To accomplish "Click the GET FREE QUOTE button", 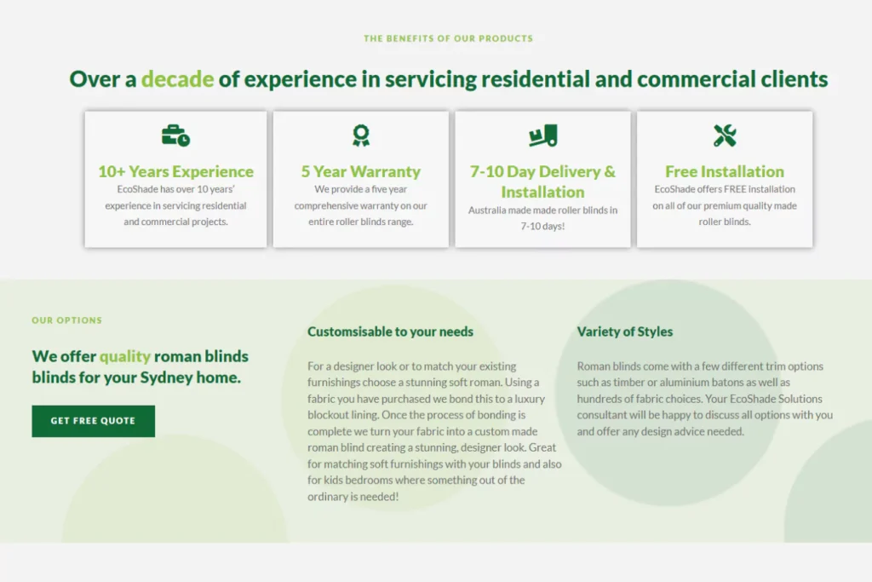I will (94, 421).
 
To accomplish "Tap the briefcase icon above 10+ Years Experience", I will (175, 135).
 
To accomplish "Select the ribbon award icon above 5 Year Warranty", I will (361, 135).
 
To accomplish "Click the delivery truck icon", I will (543, 135).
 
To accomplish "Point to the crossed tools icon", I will (725, 135).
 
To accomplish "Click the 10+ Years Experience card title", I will (175, 171).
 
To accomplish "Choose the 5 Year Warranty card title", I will (361, 171).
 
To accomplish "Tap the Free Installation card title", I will (725, 171).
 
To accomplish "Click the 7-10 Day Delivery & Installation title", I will (543, 182).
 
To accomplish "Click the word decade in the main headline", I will (177, 79).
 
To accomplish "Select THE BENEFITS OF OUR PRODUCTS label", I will (448, 38).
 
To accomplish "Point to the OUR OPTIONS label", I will (66, 320).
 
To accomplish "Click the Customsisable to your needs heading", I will (390, 331).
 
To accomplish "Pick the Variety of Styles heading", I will (625, 331).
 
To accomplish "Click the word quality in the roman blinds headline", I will (125, 356).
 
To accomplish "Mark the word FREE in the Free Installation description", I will (733, 189).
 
